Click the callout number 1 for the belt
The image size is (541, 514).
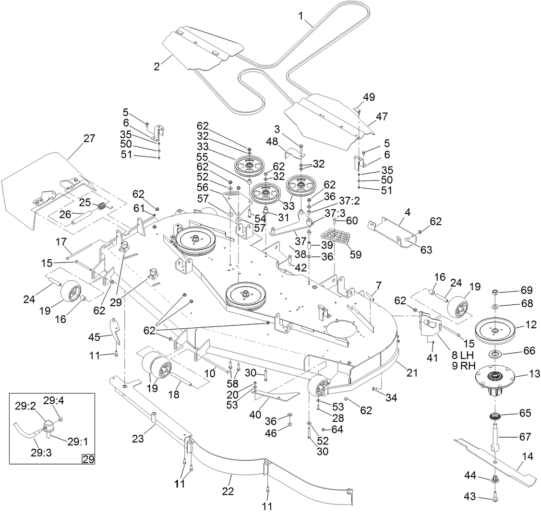[x=301, y=16]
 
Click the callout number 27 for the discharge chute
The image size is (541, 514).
[x=89, y=139]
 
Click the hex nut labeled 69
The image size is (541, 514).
[x=495, y=293]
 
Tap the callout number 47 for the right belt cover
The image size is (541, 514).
[x=382, y=116]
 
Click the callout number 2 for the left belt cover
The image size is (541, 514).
[x=156, y=67]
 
